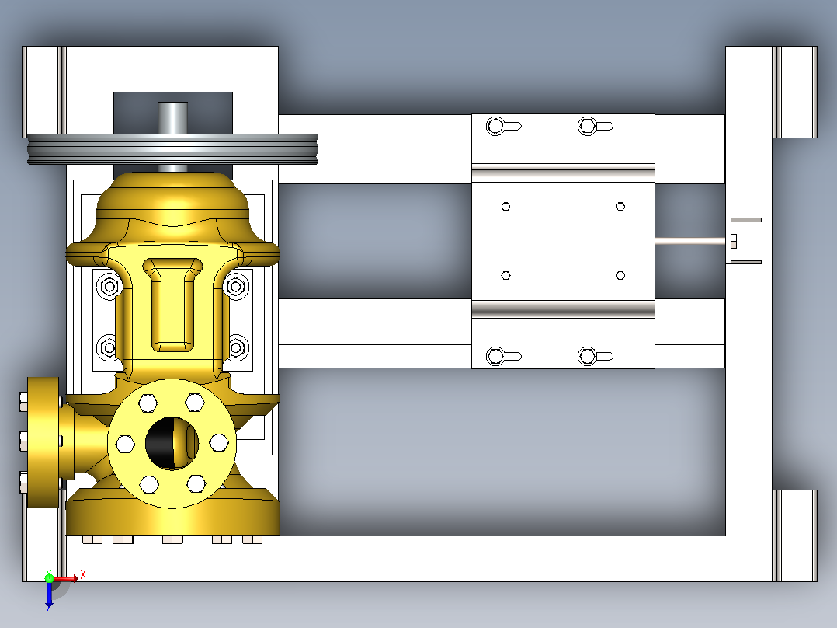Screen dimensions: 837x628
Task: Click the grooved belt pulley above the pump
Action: pos(172,149)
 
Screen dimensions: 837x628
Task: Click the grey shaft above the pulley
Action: pos(173,117)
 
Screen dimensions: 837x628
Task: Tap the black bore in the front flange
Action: pos(172,444)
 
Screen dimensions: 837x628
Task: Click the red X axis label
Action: pos(83,575)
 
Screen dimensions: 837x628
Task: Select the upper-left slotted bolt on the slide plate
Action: pos(503,127)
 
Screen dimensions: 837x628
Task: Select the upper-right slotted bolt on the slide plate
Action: pos(596,127)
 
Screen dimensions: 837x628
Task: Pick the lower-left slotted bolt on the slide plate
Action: pos(503,356)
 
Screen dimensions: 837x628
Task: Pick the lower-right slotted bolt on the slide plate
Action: pos(596,356)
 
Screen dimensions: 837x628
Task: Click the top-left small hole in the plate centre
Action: pos(506,206)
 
